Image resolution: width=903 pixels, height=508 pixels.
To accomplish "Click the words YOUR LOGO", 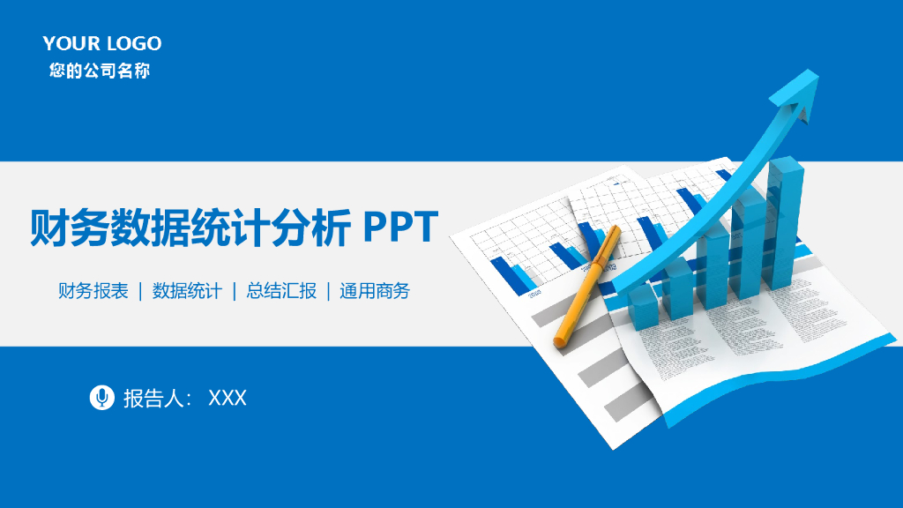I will coord(102,43).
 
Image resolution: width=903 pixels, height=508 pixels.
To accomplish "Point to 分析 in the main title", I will coord(312,228).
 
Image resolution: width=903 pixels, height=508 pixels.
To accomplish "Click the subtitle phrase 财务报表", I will coord(93,291).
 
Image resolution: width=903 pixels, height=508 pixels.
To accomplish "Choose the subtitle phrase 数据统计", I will coord(187,291).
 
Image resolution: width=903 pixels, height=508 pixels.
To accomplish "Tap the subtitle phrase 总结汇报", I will coord(281,291).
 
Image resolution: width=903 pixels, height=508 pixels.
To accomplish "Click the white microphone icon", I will coord(102,398).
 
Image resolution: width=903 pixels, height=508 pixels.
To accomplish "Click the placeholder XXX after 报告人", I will coord(228,399).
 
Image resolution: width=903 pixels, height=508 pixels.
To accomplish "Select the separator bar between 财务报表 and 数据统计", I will coord(140,291).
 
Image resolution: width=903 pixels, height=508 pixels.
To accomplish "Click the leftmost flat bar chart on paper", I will coord(511,274).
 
